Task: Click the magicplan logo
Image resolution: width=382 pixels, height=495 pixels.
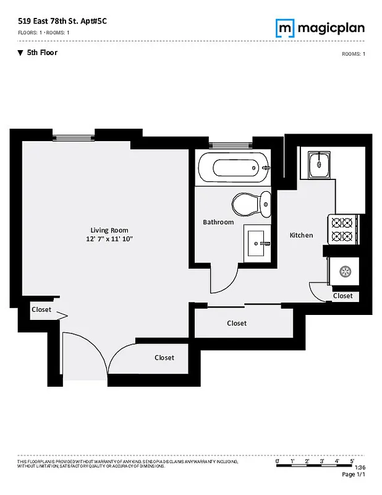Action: tap(319, 28)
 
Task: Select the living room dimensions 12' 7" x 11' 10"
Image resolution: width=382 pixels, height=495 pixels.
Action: tap(110, 239)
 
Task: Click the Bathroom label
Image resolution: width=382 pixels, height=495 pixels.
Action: tap(218, 222)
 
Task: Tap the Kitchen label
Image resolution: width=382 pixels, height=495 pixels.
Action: tap(302, 235)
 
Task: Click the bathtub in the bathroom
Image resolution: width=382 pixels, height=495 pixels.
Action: tap(234, 167)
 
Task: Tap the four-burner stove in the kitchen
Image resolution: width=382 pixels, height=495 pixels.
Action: tap(342, 229)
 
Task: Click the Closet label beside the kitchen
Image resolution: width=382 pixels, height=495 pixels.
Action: tap(342, 296)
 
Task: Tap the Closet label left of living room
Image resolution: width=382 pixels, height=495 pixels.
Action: tap(41, 309)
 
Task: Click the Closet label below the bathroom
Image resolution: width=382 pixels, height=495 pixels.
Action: tap(237, 323)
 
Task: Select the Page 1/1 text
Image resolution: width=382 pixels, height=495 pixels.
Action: tap(354, 475)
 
